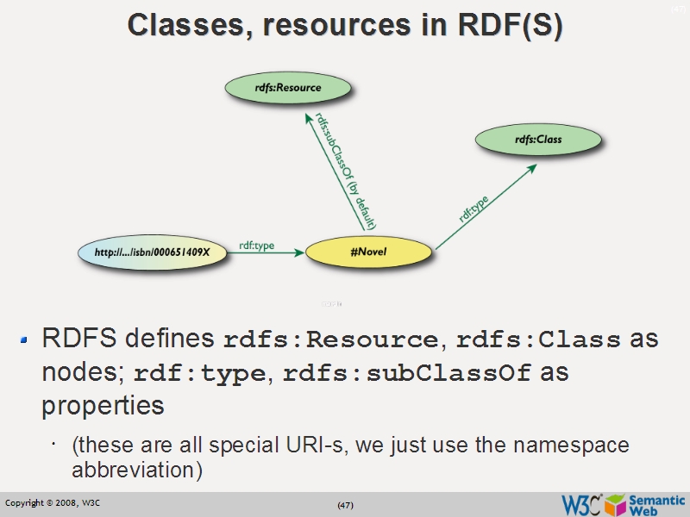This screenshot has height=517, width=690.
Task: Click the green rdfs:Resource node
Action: tap(288, 87)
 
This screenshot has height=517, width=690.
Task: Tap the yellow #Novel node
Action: tap(369, 252)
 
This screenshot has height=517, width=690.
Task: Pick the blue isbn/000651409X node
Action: tap(153, 252)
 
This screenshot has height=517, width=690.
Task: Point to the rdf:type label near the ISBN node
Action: tap(256, 246)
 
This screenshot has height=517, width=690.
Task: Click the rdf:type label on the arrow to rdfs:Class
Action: tap(474, 209)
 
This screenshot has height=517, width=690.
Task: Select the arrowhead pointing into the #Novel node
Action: tap(298, 252)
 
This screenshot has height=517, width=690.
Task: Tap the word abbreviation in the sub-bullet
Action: tap(137, 471)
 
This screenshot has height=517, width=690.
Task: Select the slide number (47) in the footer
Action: tap(345, 504)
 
